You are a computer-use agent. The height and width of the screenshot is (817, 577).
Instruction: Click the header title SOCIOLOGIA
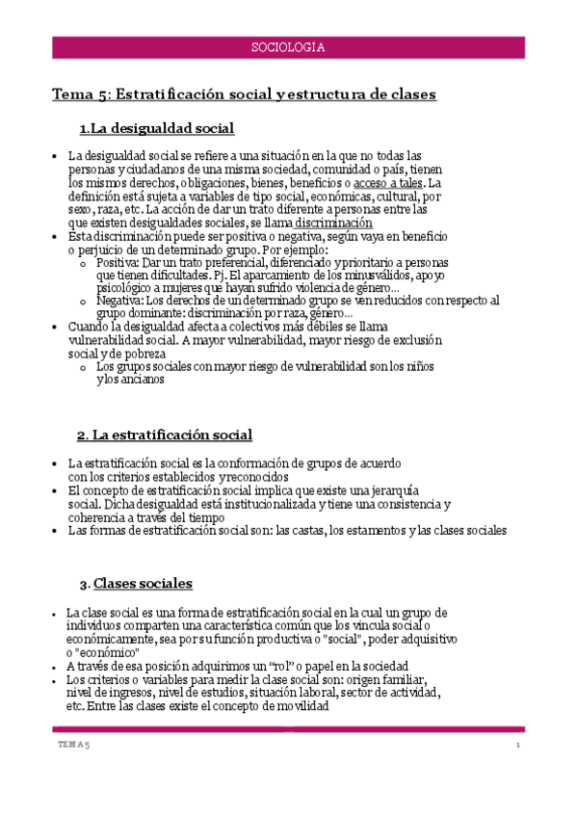point(287,46)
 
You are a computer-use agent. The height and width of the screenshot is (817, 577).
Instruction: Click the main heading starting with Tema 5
point(244,94)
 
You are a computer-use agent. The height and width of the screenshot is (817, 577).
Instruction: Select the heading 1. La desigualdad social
point(157,128)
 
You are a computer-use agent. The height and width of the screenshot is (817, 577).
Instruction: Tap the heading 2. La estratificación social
point(164,435)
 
